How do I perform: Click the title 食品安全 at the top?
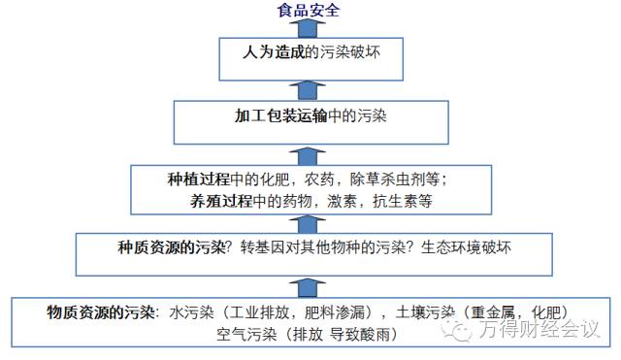pos(309,11)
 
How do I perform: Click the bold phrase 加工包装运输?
pos(275,115)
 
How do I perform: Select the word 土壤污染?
pos(430,312)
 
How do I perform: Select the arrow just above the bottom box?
pos(309,283)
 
